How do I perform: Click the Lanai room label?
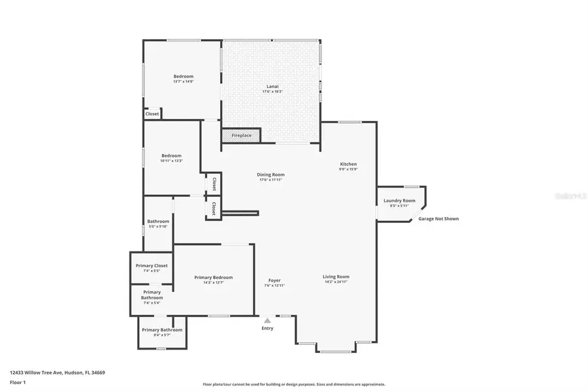point(272,86)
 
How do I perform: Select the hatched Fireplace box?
point(241,135)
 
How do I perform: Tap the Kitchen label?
point(348,164)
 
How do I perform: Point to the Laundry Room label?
point(399,201)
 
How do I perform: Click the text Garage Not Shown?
point(438,219)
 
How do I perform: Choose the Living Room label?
point(336,276)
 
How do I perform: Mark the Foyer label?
point(274,280)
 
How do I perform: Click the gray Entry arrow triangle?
point(267,320)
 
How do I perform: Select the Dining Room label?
point(270,174)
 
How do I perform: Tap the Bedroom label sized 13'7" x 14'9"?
point(183,76)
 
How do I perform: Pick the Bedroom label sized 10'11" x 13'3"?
point(171,155)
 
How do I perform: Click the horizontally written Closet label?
point(152,114)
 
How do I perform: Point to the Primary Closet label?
point(152,265)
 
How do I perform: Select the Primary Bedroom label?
point(213,277)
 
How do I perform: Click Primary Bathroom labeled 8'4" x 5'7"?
point(162,330)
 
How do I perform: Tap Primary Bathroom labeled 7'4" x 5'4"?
point(152,295)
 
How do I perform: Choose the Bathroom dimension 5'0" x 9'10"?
point(158,227)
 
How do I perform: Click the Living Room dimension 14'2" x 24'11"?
point(336,282)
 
